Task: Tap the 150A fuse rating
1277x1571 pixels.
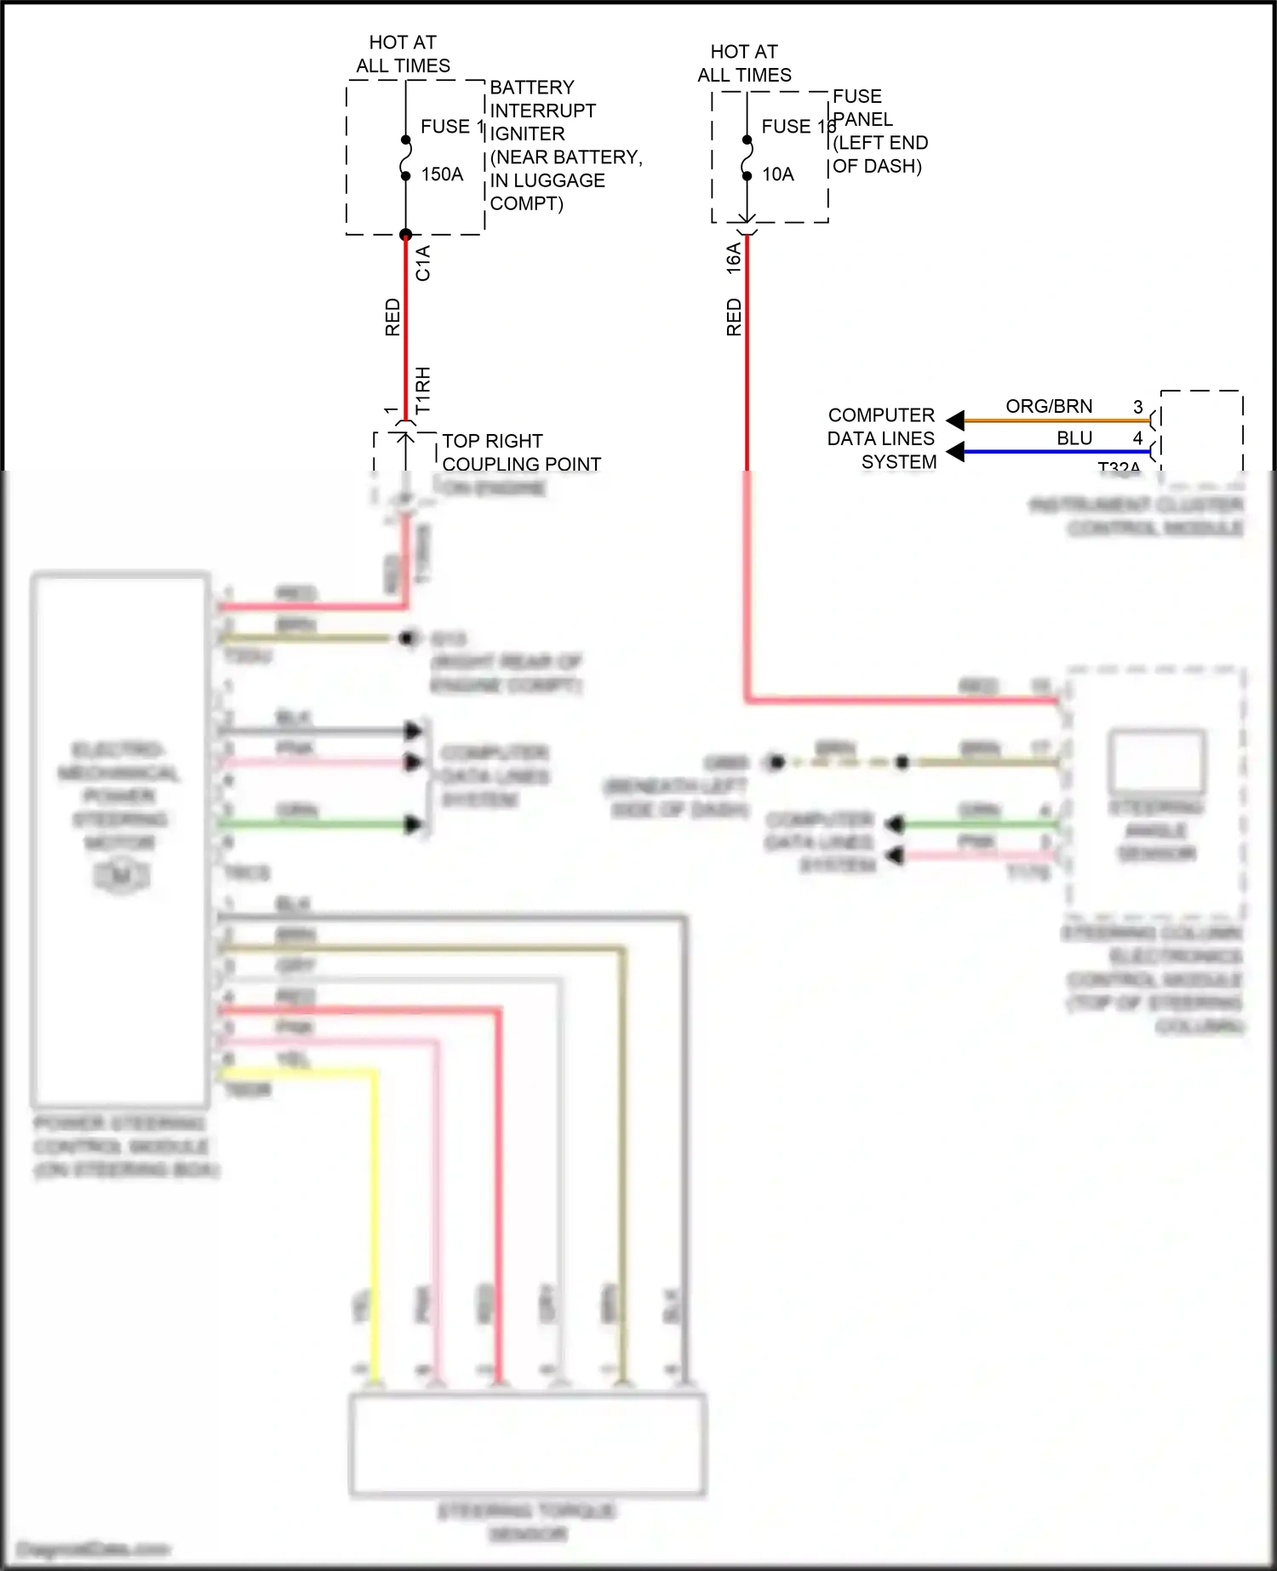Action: point(442,174)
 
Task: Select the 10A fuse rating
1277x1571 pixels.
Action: point(777,174)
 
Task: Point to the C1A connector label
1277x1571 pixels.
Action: point(423,263)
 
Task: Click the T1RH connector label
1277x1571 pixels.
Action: point(423,390)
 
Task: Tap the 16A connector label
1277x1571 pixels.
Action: point(733,258)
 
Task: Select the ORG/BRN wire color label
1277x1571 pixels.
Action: point(1049,406)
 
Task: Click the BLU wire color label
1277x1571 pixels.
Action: point(1074,437)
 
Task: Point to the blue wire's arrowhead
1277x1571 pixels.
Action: point(956,451)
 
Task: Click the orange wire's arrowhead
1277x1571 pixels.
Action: point(956,420)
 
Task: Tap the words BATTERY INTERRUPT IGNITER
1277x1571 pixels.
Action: point(542,111)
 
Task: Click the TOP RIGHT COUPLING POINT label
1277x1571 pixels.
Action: point(521,453)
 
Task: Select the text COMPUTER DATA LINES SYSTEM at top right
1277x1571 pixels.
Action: point(881,438)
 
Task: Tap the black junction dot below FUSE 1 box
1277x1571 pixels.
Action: point(406,235)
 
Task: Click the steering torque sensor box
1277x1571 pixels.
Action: point(528,1443)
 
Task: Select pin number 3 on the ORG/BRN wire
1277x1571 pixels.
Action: point(1137,407)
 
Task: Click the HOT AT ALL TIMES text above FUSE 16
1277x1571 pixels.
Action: point(744,63)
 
